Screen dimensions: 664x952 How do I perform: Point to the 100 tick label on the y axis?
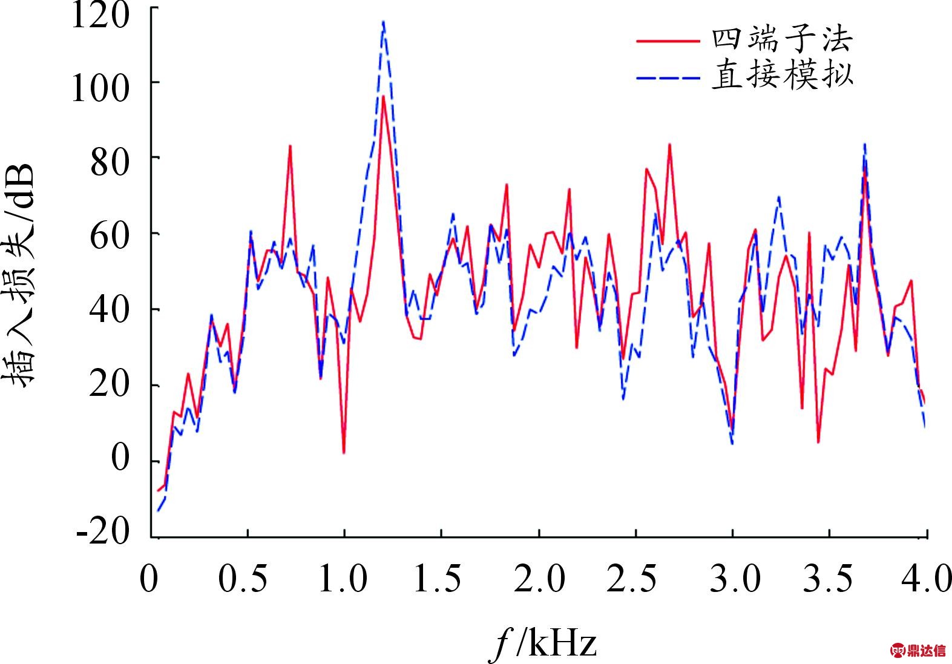(100, 88)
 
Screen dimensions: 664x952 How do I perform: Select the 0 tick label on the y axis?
(120, 458)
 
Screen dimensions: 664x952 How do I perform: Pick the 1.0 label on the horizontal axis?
(342, 579)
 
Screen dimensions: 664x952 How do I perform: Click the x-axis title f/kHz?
(543, 643)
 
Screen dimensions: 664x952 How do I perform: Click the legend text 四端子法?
(782, 40)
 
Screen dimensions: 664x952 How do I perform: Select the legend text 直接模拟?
(782, 75)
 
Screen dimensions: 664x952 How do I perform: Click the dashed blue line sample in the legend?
(668, 77)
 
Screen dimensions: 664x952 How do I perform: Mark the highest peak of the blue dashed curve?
(383, 22)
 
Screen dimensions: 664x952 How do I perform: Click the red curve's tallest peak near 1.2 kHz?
(383, 96)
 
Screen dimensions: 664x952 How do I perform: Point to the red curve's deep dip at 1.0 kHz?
(344, 452)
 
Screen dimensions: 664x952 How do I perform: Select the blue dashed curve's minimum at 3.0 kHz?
(732, 444)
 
